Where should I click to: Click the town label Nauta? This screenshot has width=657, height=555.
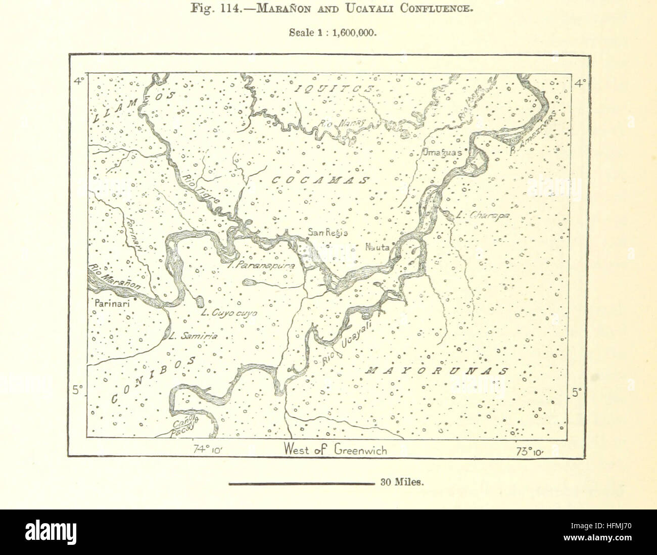(x=377, y=248)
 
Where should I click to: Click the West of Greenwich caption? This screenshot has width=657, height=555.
(x=335, y=449)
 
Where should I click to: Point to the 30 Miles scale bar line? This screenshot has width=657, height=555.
(x=301, y=483)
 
